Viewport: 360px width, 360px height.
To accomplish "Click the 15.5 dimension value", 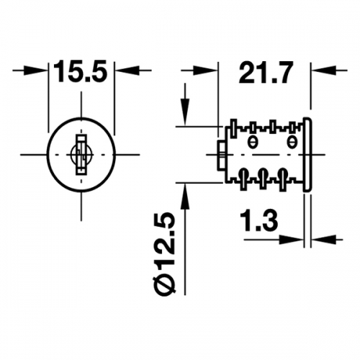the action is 81,71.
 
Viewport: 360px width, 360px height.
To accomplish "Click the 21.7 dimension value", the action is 266,72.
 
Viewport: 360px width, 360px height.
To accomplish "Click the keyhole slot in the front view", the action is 81,155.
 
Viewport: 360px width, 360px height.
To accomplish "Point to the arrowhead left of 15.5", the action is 37,71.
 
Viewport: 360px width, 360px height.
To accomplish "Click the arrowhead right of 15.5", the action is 127,71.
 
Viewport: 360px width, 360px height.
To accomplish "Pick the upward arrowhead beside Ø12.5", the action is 185,197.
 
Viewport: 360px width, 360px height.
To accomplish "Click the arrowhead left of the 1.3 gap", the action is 291,239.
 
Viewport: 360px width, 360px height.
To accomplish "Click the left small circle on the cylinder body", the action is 252,142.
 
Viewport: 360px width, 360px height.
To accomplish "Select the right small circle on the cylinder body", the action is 292,142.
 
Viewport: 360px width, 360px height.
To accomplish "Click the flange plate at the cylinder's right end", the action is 307,155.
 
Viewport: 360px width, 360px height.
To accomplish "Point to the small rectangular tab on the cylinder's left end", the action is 221,156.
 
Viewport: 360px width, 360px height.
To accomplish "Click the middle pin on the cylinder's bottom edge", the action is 263,179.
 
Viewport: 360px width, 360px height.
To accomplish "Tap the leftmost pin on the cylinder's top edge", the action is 233,128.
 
